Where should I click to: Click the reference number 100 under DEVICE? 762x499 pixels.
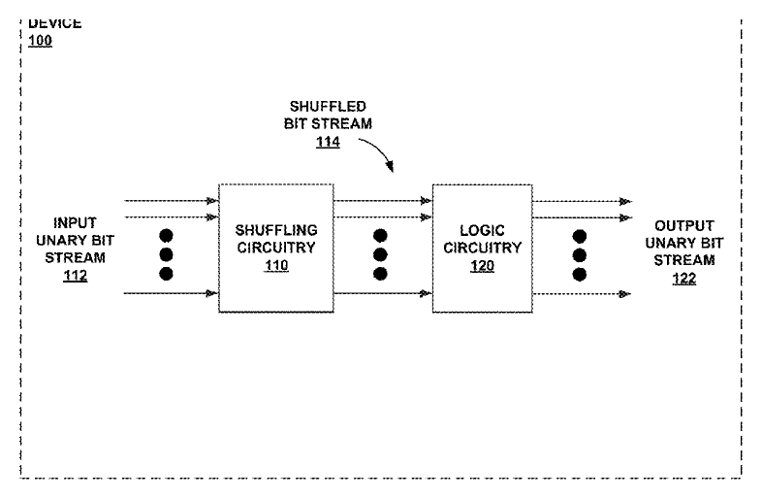(40, 41)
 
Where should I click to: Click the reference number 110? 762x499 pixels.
(276, 265)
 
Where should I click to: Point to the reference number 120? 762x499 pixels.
(482, 266)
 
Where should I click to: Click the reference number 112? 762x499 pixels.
(76, 276)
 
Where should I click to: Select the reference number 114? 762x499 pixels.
(328, 142)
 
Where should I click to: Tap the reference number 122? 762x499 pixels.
(684, 279)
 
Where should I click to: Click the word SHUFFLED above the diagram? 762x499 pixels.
(328, 106)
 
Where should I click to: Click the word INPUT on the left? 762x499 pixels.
(75, 223)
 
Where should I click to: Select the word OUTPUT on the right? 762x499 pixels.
(684, 226)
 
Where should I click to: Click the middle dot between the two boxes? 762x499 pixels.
(380, 255)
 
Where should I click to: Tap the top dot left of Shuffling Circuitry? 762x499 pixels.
(166, 236)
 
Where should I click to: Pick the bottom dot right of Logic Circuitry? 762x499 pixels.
(580, 275)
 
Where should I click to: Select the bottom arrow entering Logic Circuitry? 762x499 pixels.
(383, 293)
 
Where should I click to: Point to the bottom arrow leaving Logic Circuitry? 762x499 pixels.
(583, 293)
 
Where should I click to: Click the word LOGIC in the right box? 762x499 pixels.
(482, 230)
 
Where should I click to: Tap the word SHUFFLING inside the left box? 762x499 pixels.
(276, 230)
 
